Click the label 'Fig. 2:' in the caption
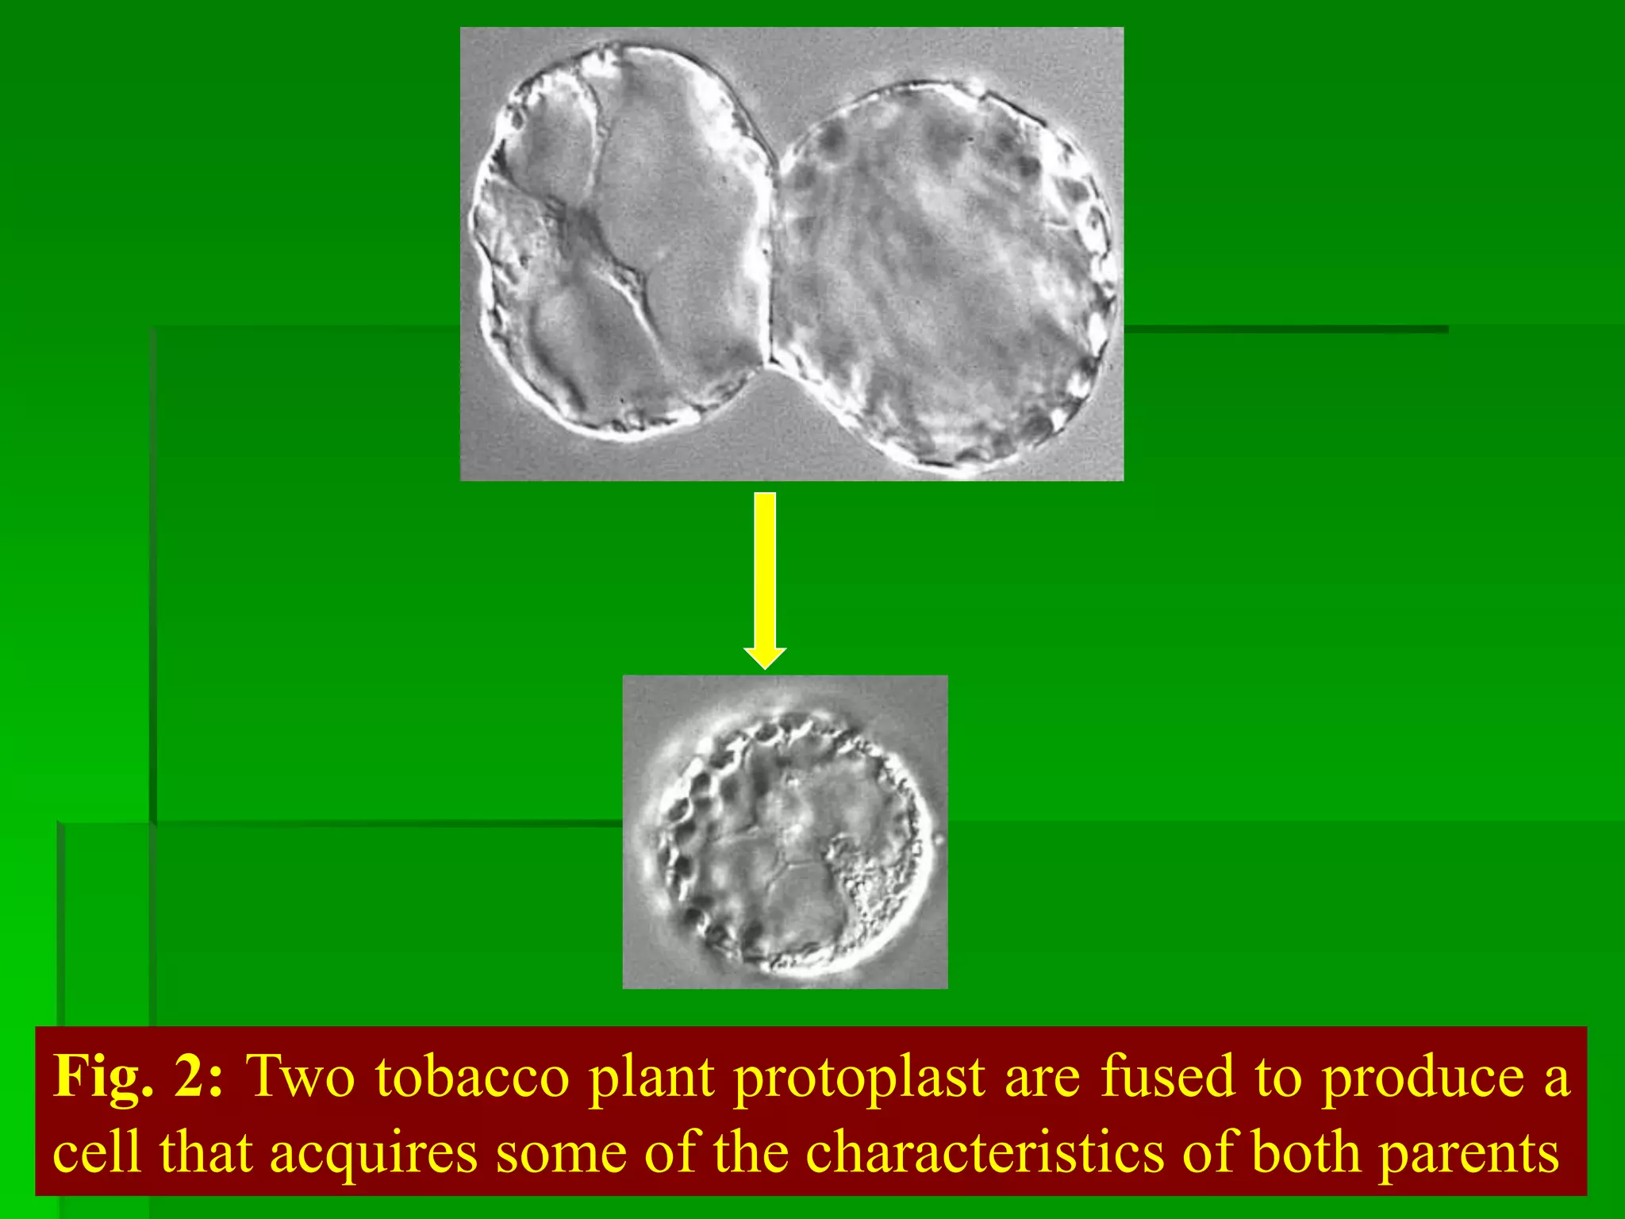click(138, 1078)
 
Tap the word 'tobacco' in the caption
click(472, 1078)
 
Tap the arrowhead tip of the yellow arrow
click(765, 667)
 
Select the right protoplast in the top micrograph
click(944, 278)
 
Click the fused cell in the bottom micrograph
click(789, 841)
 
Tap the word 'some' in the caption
click(560, 1152)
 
